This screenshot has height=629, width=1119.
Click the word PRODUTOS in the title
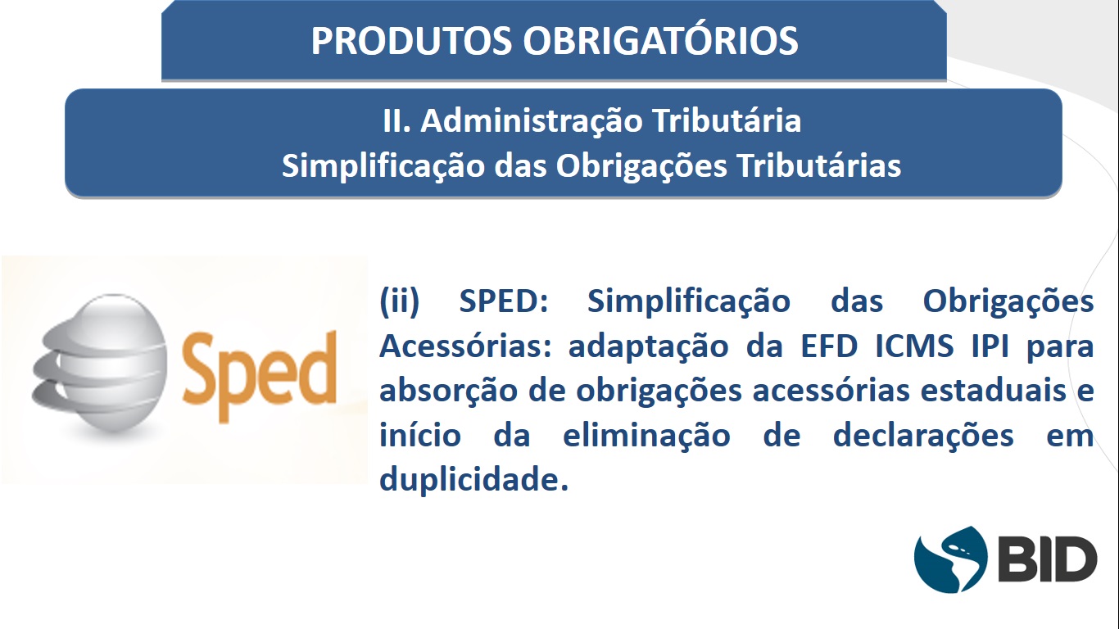pos(411,40)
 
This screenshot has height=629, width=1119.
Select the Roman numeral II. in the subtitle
pos(396,120)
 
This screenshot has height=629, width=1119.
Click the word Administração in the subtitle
pos(532,122)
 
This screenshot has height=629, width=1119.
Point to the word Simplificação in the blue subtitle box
pos(383,166)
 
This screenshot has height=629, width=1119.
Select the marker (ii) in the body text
pos(399,301)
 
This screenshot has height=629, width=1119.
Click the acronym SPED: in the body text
pos(504,301)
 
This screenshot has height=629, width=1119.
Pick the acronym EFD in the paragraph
pos(829,346)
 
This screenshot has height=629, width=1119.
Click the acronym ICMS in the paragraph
pos(914,346)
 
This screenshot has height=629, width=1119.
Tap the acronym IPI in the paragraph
pos(990,346)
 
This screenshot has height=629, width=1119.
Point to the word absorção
pos(449,391)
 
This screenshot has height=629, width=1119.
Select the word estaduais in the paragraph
pos(994,390)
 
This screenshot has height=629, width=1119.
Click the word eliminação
pos(647,436)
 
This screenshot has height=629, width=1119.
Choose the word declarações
pos(924,436)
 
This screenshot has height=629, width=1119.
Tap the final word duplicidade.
pos(474,479)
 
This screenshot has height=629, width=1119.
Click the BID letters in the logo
pos(1048,559)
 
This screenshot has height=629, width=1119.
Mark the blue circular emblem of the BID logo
pos(950,559)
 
